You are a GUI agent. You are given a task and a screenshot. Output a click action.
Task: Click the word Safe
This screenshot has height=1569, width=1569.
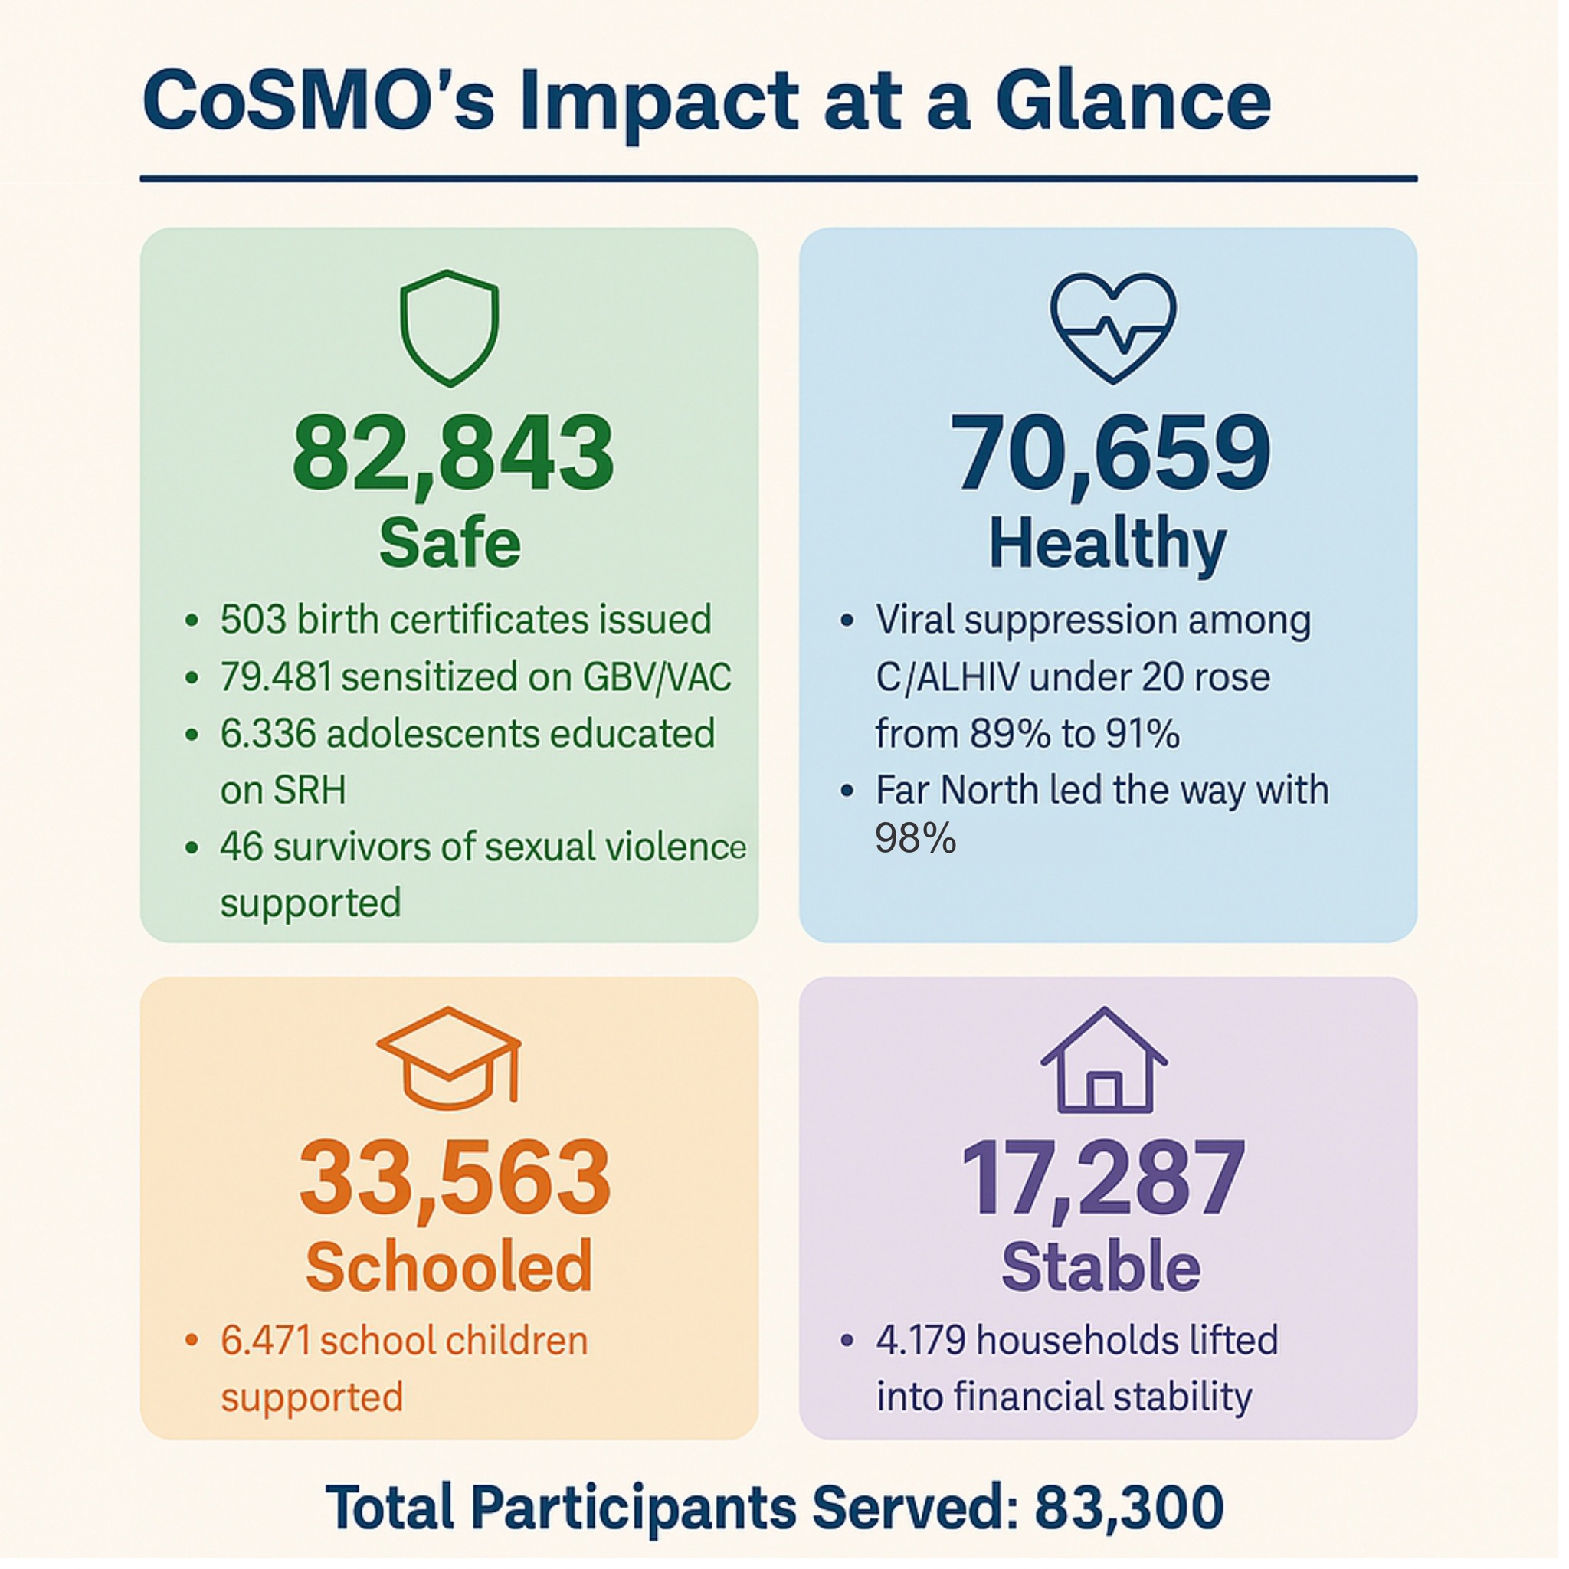(x=450, y=542)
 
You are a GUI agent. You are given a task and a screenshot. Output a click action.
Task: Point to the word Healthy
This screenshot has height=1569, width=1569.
(x=1108, y=545)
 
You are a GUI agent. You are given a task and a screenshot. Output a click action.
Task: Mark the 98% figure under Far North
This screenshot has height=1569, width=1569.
(x=916, y=838)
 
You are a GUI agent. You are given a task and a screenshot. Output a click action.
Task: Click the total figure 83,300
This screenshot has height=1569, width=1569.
(x=1130, y=1507)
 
